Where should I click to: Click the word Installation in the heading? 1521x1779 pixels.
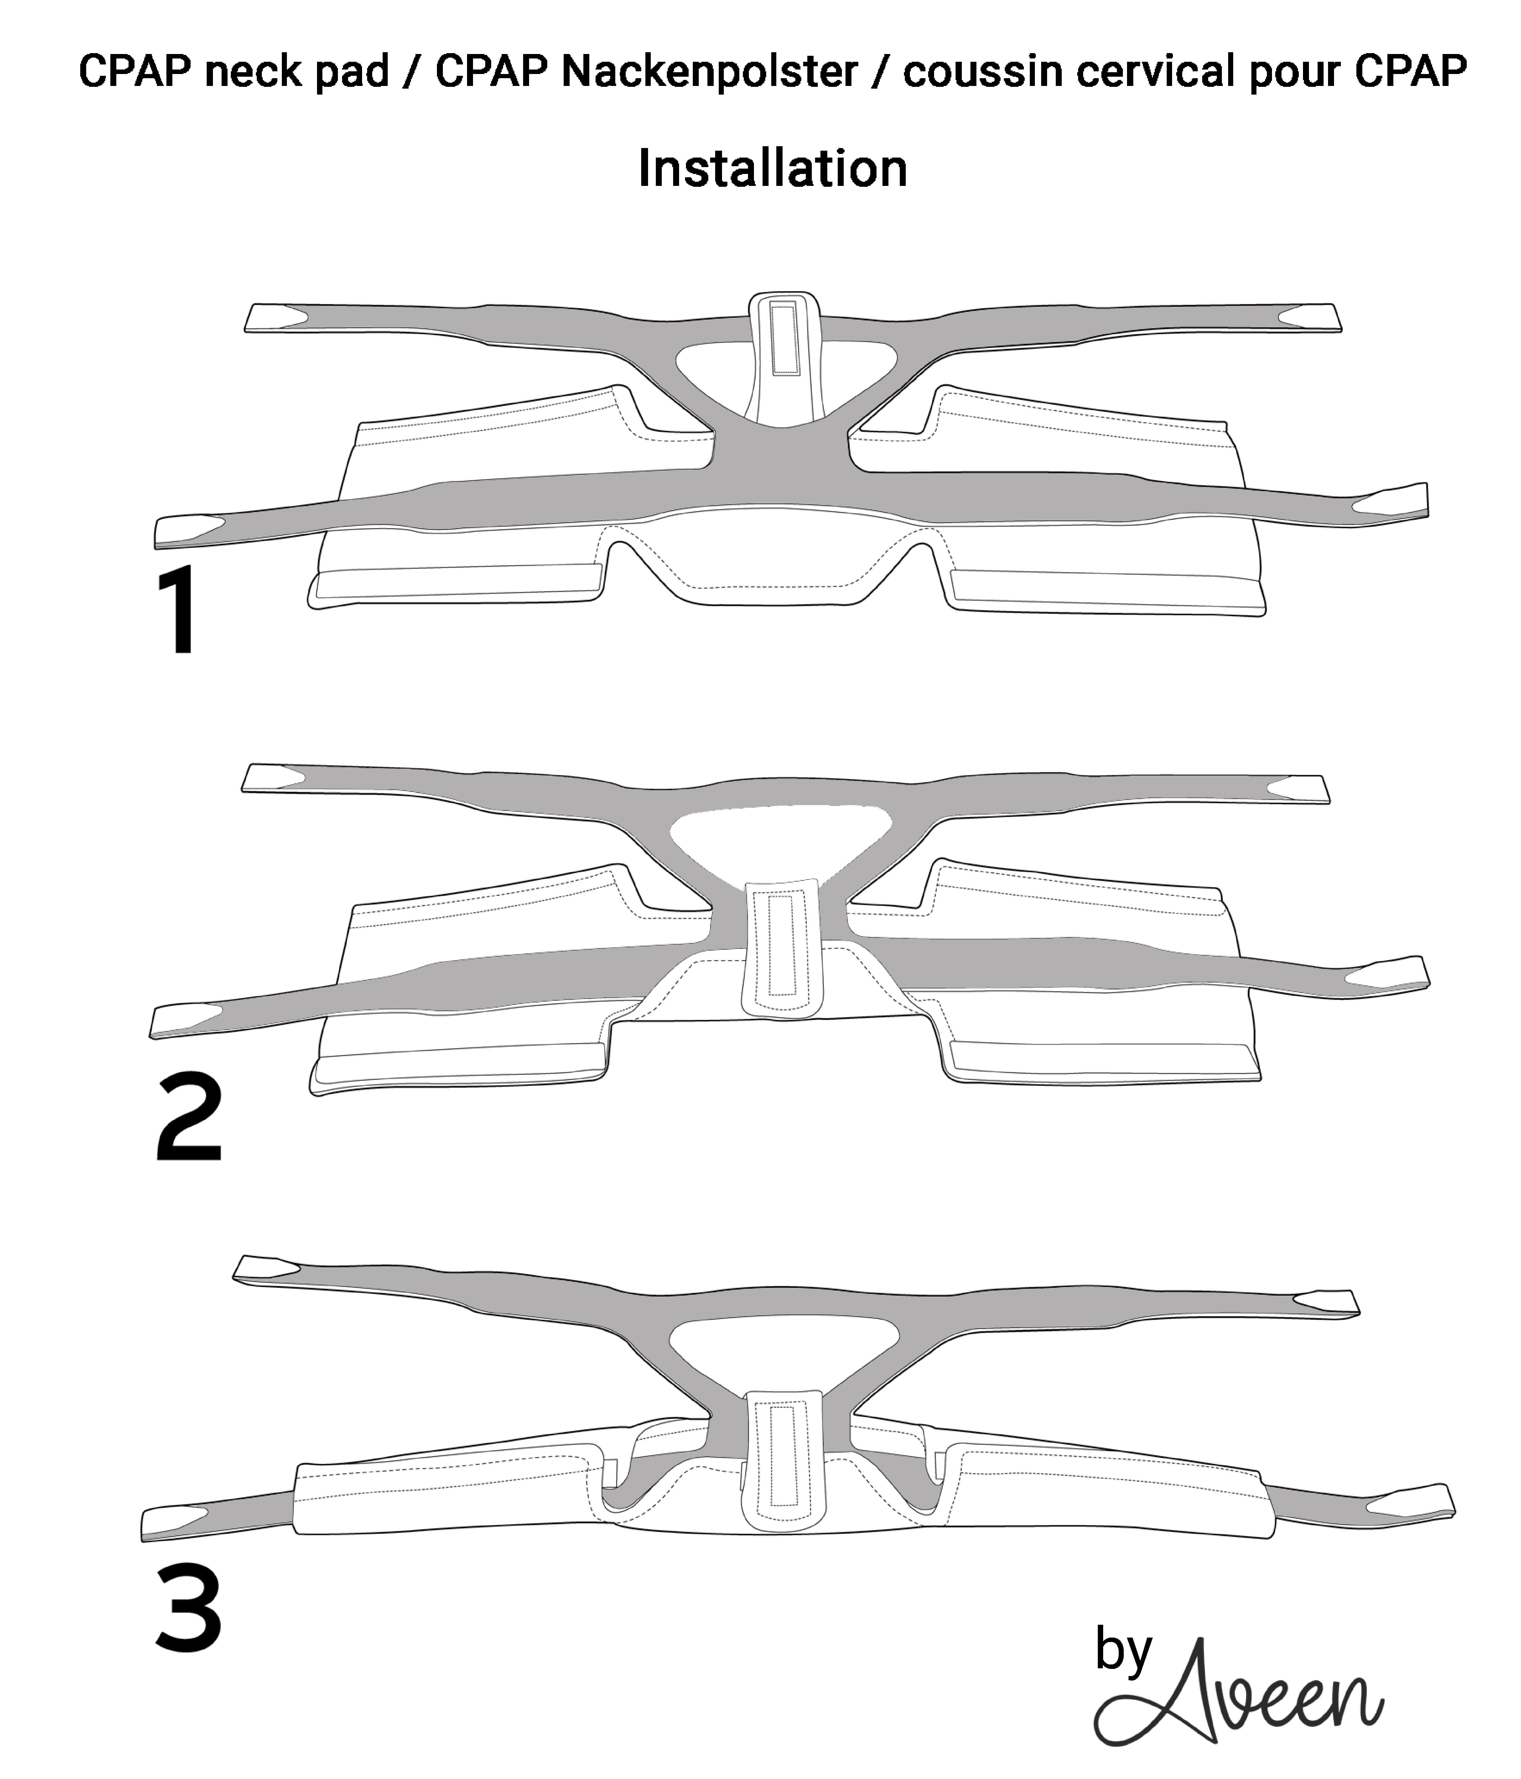pyautogui.click(x=772, y=168)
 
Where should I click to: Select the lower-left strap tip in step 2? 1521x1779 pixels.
pyautogui.click(x=182, y=1019)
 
